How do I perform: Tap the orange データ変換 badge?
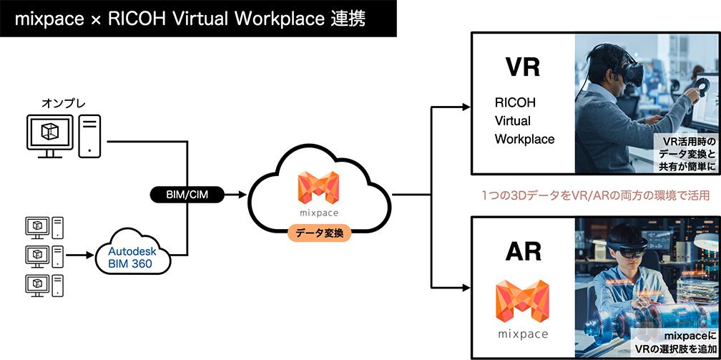pyautogui.click(x=318, y=233)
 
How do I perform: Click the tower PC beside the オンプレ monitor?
pyautogui.click(x=89, y=135)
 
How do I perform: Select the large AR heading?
pyautogui.click(x=522, y=251)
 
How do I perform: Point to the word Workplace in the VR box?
pyautogui.click(x=524, y=139)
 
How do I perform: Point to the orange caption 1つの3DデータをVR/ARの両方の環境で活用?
pyautogui.click(x=595, y=195)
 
